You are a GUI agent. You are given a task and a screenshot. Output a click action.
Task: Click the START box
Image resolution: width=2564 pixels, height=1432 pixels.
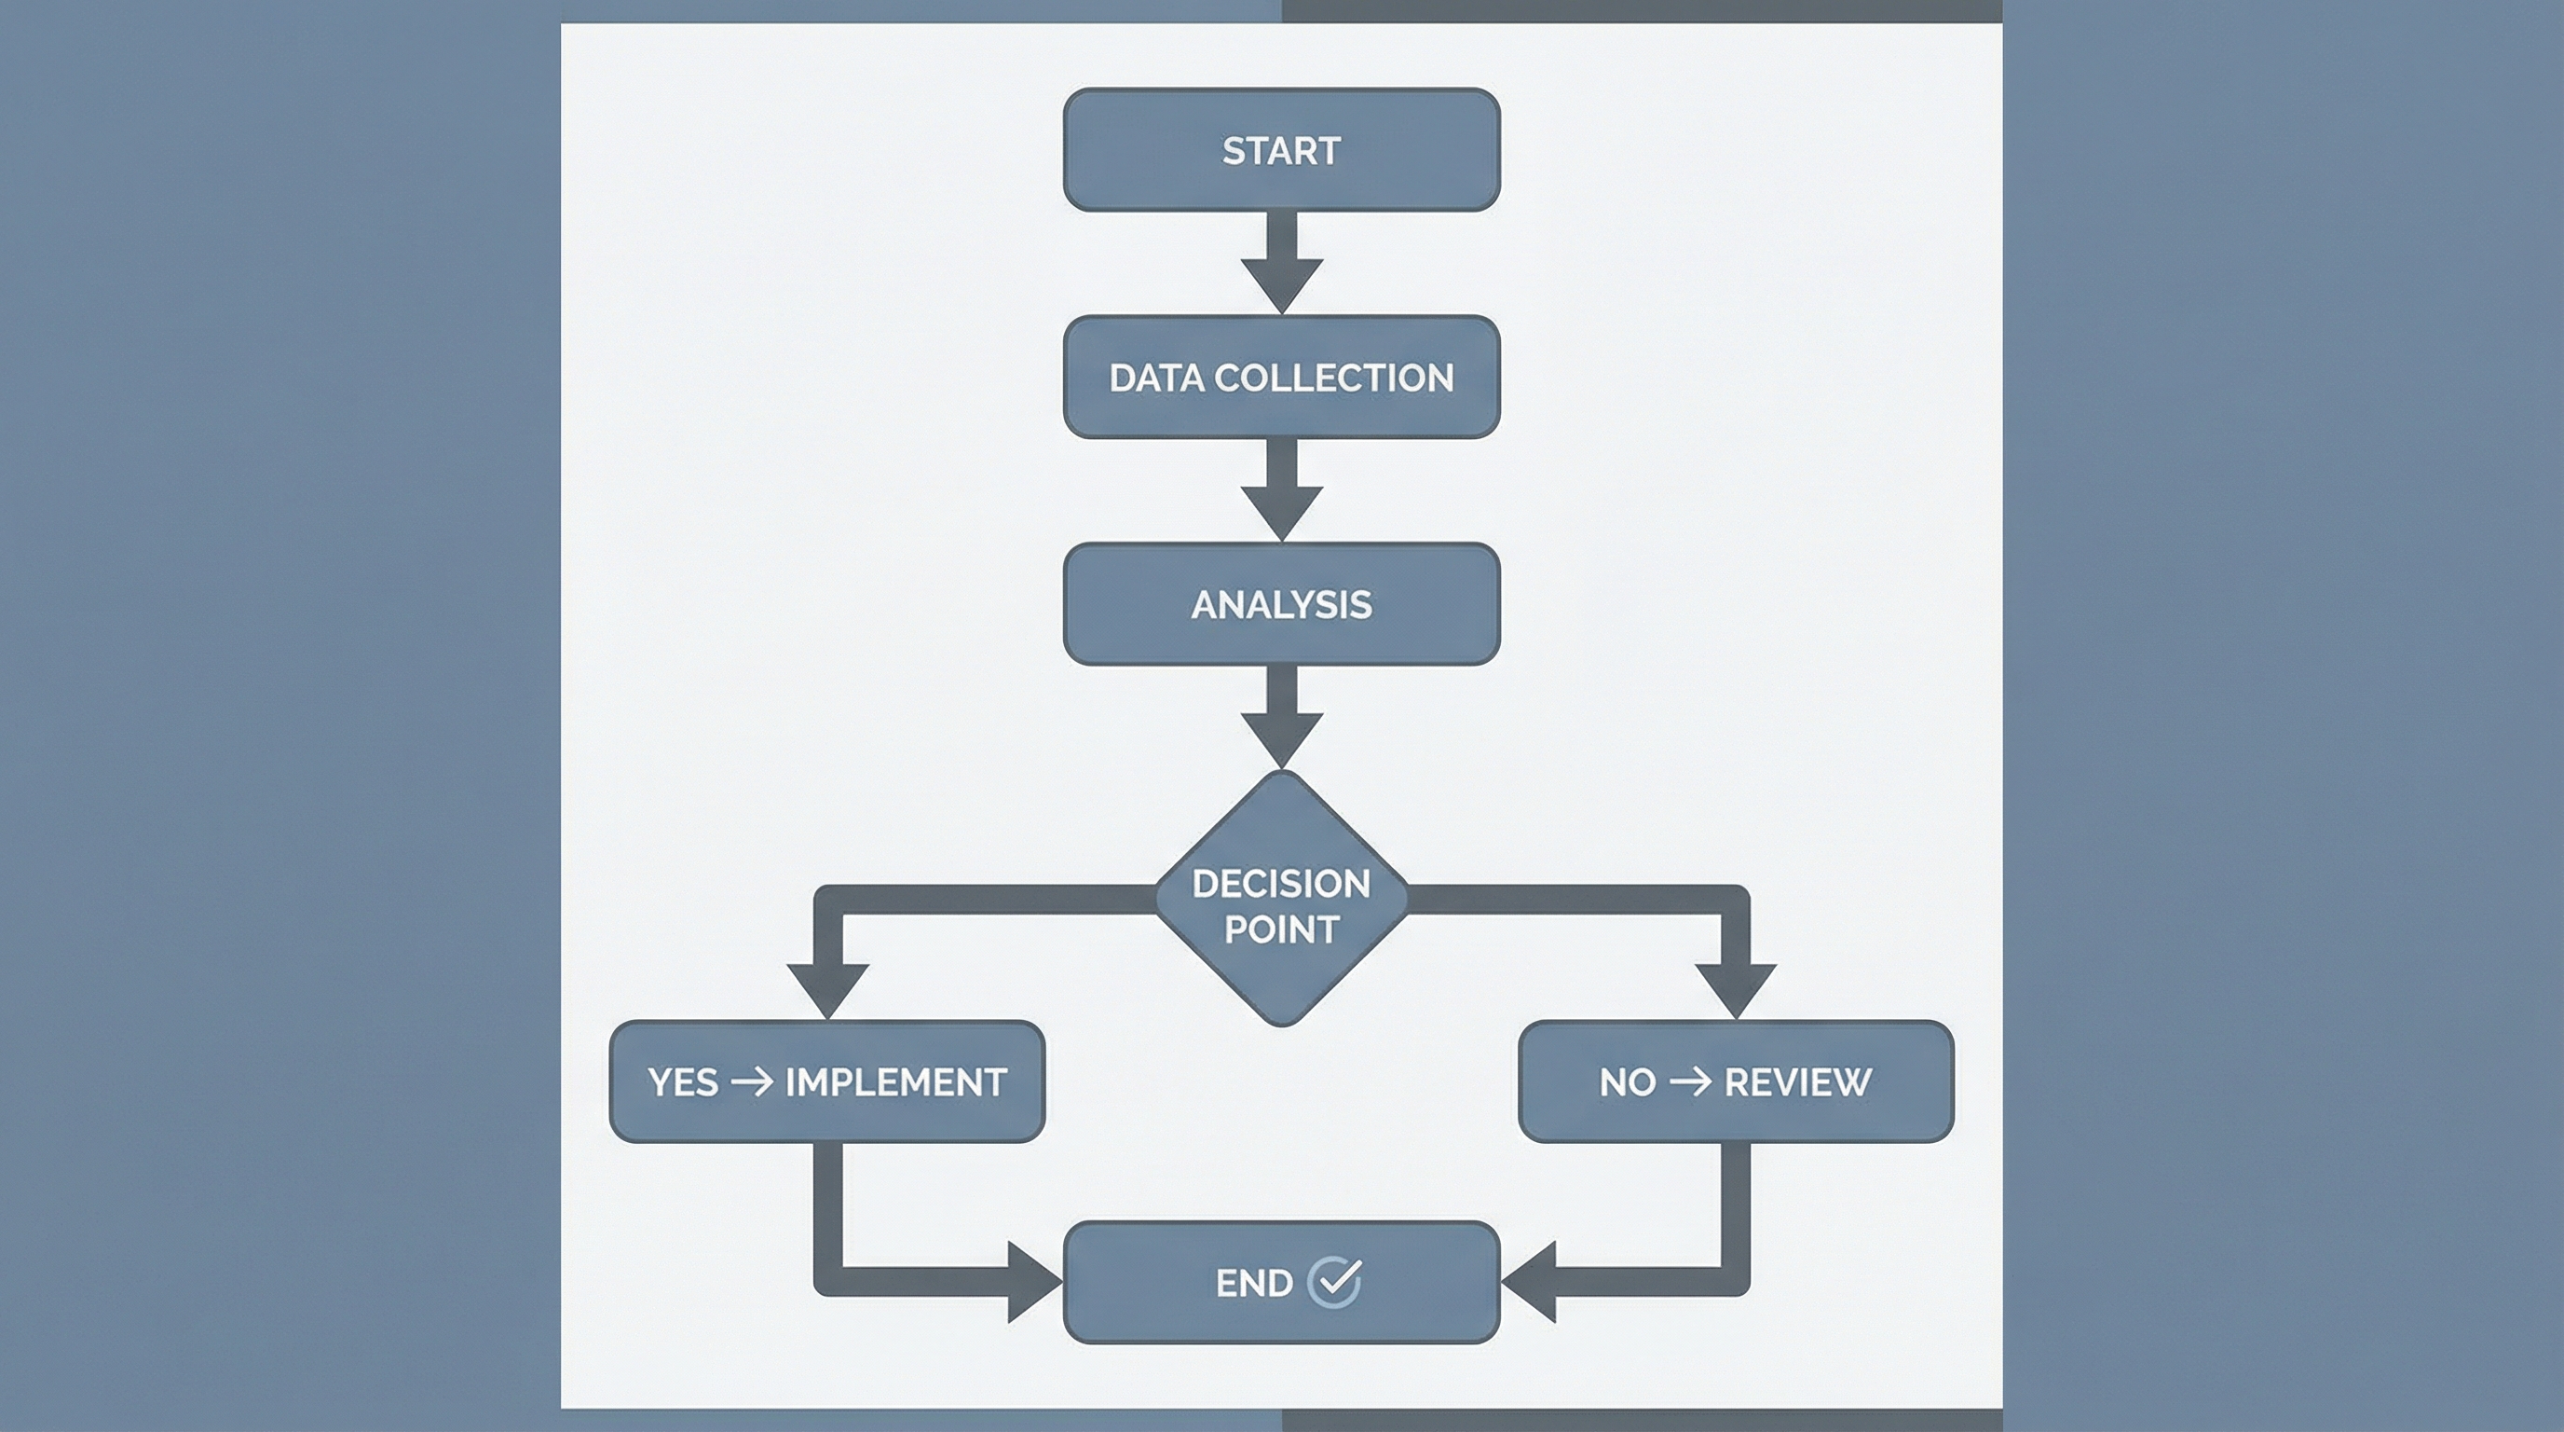[x=1281, y=150]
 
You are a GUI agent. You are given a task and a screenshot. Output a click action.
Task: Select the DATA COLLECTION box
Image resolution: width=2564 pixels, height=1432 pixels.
[x=1281, y=378]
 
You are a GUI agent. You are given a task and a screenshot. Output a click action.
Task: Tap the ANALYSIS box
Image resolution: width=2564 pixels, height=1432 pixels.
[x=1281, y=604]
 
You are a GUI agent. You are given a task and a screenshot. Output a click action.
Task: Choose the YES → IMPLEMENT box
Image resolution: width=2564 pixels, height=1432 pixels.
[x=826, y=1081]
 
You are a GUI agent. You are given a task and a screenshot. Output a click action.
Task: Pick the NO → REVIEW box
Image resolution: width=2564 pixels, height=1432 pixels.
[x=1735, y=1081]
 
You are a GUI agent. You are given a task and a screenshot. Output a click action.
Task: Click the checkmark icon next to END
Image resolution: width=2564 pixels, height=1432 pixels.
[x=1334, y=1282]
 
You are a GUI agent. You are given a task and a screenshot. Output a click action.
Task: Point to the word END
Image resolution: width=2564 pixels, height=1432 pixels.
[x=1254, y=1284]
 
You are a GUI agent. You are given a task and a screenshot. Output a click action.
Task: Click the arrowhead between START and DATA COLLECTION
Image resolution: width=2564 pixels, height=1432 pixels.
[x=1281, y=283]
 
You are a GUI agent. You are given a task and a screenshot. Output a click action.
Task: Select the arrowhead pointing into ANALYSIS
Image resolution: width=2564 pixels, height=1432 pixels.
[x=1281, y=511]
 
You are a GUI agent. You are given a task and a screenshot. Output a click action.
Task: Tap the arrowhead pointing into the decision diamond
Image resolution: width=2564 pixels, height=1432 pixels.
[x=1281, y=737]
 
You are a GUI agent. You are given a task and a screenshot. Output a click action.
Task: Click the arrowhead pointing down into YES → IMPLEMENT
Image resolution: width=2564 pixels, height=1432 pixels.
[x=827, y=988]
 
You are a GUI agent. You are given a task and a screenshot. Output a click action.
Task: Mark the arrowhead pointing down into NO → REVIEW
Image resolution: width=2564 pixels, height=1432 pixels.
[x=1735, y=988]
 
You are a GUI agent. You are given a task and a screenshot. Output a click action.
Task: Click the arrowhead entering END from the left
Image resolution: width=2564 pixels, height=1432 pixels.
[x=1031, y=1282]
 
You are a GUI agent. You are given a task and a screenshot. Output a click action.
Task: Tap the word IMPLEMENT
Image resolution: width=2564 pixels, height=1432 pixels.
[x=895, y=1082]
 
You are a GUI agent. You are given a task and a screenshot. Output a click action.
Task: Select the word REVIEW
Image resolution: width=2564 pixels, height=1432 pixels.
[x=1796, y=1082]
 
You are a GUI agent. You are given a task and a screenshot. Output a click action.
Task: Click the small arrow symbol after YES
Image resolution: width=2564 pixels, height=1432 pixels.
[x=752, y=1081]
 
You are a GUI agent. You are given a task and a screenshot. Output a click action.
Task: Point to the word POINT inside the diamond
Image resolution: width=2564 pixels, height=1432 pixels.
[x=1281, y=930]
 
